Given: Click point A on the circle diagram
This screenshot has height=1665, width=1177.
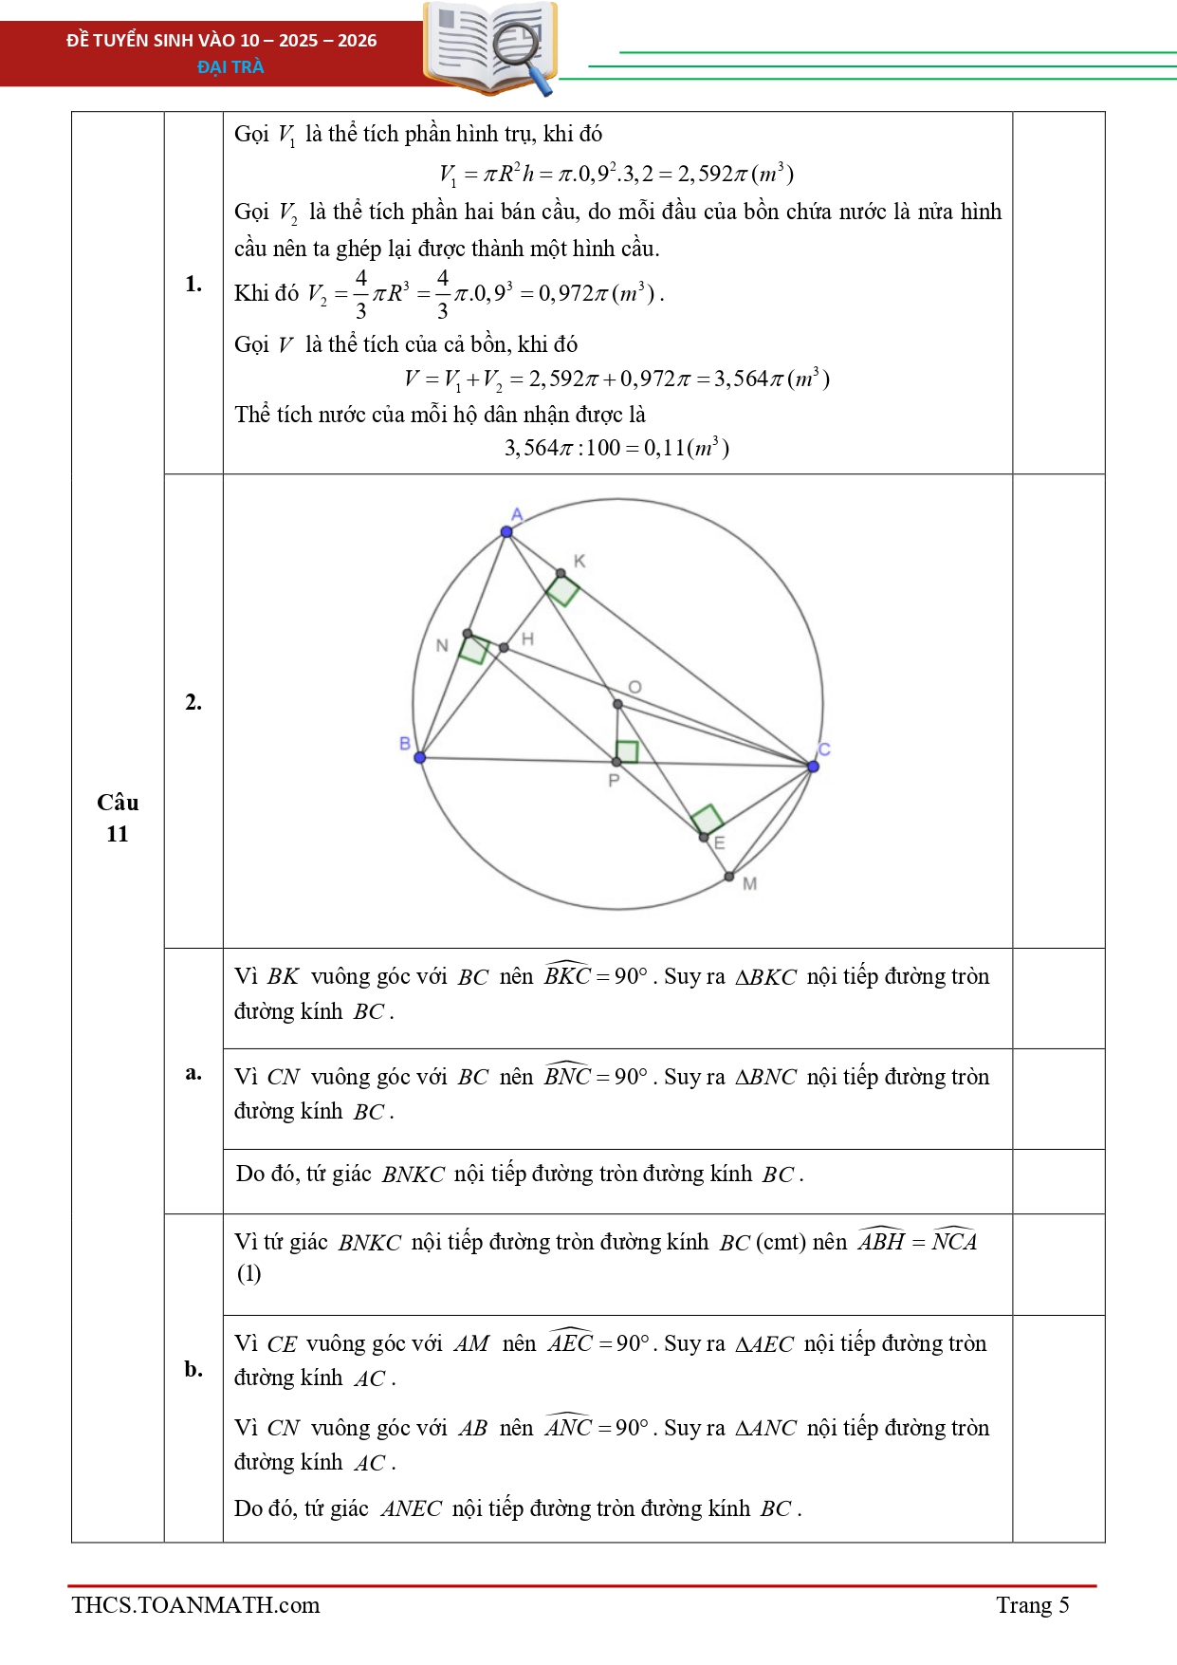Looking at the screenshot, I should pos(506,531).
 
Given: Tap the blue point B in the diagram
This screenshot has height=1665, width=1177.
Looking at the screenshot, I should pos(420,757).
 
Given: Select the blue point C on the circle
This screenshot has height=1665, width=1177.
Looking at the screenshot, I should pos(813,766).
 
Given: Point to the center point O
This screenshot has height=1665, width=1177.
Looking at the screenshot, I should pos(617,704).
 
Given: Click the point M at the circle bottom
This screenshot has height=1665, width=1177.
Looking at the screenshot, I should pos(729,877).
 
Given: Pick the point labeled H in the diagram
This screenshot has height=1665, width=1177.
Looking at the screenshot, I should pos(504,648).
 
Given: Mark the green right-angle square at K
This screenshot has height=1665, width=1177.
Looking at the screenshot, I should pos(562,590).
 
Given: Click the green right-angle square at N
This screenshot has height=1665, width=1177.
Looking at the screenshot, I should pos(474,649).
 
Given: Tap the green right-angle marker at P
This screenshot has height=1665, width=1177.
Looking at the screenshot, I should pos(627,751).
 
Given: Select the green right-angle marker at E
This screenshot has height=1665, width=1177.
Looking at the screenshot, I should pos(708,819).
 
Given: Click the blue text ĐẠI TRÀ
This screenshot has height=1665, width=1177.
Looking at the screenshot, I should pos(230,66).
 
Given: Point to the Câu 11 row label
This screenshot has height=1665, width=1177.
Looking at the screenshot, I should pos(118,818).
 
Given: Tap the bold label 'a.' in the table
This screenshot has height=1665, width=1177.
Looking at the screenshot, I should pos(193,1073).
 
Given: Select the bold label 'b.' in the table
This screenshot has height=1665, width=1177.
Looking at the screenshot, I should pos(193,1369).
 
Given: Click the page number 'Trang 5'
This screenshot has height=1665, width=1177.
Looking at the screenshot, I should pos(1032,1604).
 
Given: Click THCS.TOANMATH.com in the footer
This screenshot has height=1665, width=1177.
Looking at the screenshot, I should pos(195,1604).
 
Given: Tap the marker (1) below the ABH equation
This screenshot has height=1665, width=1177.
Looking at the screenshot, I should pos(248,1273).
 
